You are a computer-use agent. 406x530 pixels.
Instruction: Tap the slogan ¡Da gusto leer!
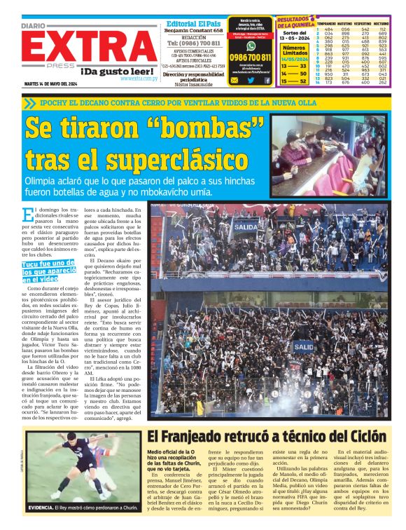click(x=118, y=71)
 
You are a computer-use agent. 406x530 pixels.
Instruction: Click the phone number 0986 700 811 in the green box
click(x=250, y=57)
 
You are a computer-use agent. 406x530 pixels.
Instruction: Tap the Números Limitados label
click(x=294, y=50)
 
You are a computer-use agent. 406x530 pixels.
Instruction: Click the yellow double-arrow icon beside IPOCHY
click(x=29, y=103)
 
